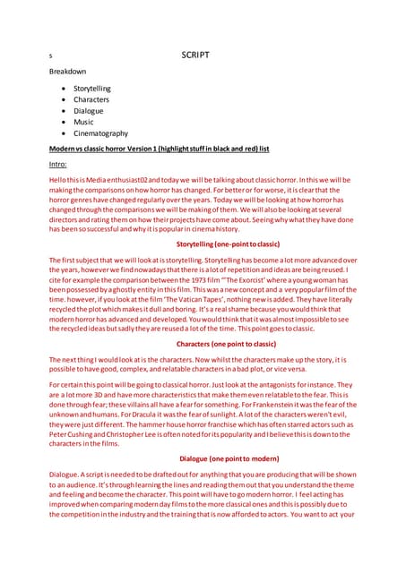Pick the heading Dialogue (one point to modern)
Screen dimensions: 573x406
pyautogui.click(x=225, y=458)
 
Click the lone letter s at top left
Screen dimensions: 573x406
pyautogui.click(x=51, y=56)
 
